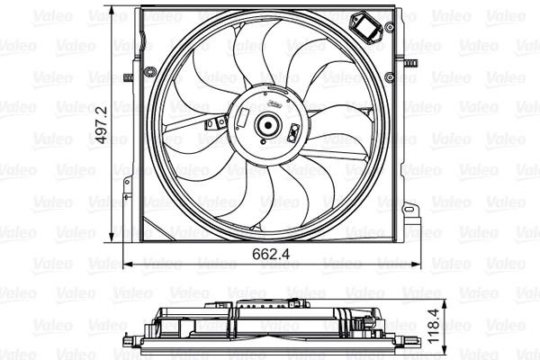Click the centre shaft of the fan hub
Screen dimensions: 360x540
pos(266,127)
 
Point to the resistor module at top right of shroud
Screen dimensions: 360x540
pos(367,28)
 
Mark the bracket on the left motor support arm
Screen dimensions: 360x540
pos(213,123)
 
